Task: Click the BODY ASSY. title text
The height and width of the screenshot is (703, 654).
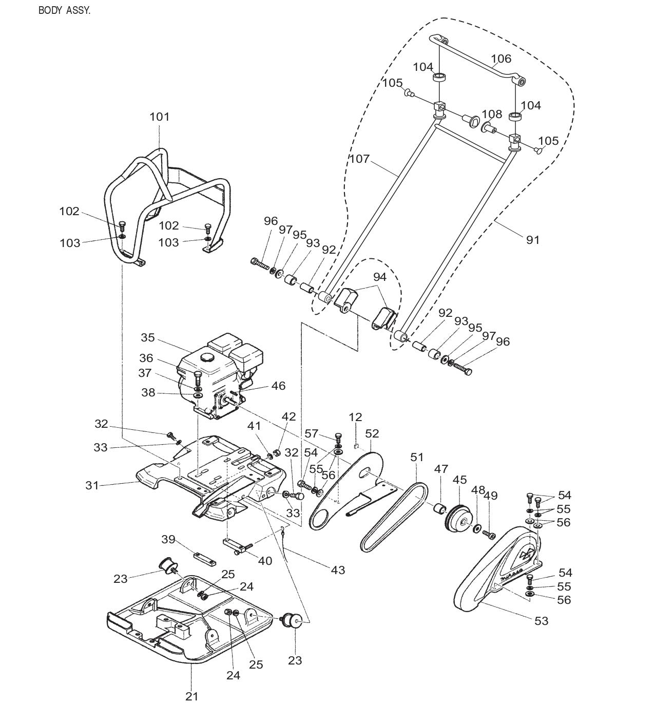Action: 64,10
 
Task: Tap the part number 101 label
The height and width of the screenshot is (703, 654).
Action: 159,117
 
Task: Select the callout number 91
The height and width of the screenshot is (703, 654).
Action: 533,239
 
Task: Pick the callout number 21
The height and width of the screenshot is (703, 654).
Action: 191,696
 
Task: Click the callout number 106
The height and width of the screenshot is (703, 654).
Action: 501,59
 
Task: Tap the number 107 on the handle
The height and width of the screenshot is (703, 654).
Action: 359,159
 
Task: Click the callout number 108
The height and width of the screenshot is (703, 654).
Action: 492,114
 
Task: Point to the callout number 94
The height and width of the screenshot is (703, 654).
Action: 379,277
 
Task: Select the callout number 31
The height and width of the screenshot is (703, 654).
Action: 92,485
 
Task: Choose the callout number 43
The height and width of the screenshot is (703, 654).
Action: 338,569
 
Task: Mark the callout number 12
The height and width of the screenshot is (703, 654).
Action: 355,417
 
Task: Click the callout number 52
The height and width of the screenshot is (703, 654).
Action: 372,433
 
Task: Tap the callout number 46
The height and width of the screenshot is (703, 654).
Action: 278,386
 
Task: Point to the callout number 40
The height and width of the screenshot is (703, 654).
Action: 265,561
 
